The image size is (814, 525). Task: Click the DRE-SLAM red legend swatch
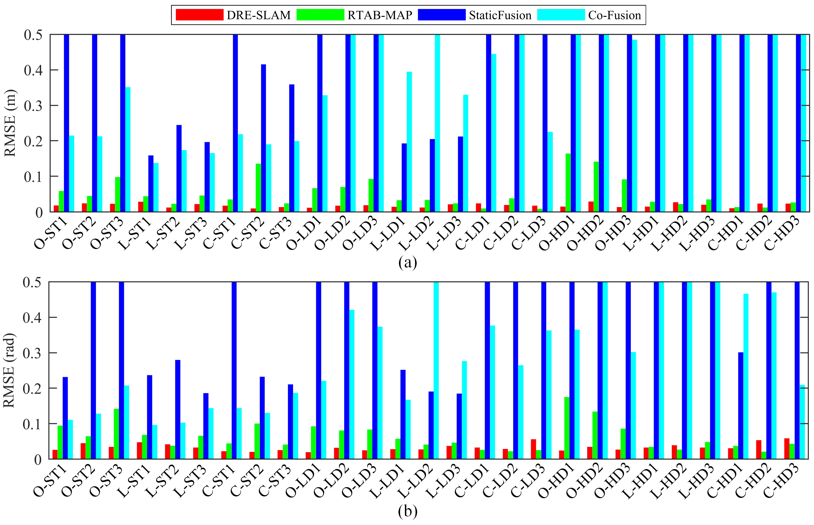[199, 15]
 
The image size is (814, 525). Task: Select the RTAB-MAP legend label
[380, 15]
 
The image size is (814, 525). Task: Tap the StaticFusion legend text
[500, 15]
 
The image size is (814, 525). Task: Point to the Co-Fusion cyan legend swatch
[561, 15]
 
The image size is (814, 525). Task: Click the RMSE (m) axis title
[10, 123]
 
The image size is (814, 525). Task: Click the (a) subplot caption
[407, 262]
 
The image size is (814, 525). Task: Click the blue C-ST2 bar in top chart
[263, 138]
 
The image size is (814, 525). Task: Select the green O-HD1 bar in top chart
[568, 183]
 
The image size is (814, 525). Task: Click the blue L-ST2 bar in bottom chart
[178, 409]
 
